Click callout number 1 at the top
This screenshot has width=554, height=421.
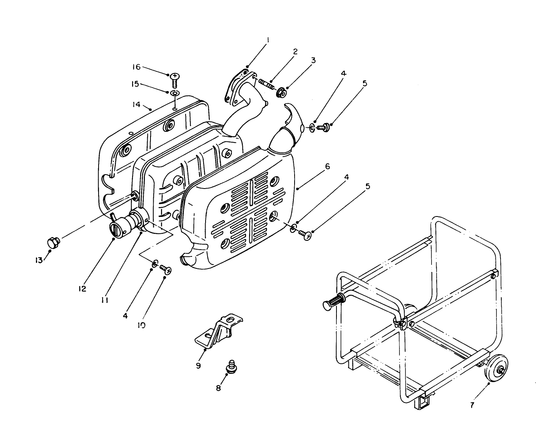(x=268, y=40)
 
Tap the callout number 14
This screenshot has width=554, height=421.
(x=137, y=105)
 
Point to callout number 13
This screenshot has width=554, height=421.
(x=38, y=260)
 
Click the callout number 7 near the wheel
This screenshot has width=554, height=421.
(x=472, y=405)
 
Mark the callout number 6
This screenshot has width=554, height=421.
(x=327, y=167)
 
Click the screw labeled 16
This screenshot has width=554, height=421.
(x=174, y=80)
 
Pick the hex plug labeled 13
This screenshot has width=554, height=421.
(x=53, y=242)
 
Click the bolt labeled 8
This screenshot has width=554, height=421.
(x=230, y=367)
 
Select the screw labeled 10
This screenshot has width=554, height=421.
(x=165, y=270)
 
